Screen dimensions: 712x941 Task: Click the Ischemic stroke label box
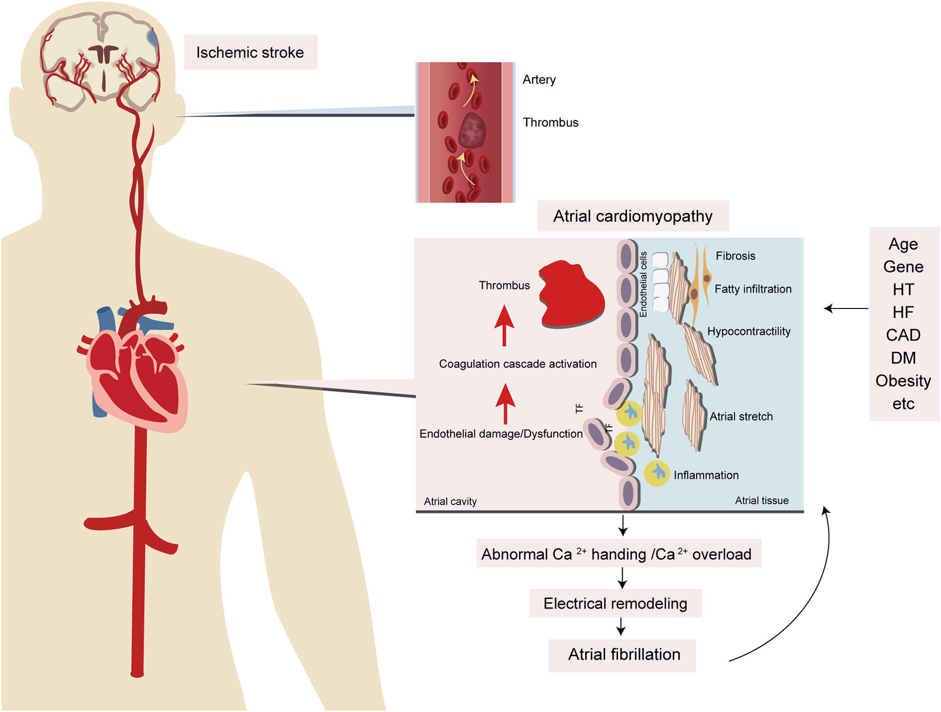pos(250,52)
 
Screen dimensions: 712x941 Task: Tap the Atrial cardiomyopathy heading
pos(632,216)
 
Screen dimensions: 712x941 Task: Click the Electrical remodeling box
pos(615,604)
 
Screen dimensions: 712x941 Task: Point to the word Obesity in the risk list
pos(903,381)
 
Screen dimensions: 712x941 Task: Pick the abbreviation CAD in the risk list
pos(903,335)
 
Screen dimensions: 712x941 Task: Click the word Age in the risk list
pos(903,244)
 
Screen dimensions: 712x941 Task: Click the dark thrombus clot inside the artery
pos(472,130)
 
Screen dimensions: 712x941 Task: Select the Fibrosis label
pos(735,256)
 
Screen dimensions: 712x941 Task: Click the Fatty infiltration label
pos(752,289)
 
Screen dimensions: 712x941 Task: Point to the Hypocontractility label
pos(748,331)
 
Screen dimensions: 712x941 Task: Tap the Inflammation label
pos(706,475)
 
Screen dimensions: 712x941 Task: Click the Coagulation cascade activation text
pos(517,364)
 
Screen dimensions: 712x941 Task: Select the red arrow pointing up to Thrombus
pos(504,325)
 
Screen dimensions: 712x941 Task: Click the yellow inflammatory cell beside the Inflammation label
pos(657,473)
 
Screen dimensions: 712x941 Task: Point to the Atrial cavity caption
pos(450,501)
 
